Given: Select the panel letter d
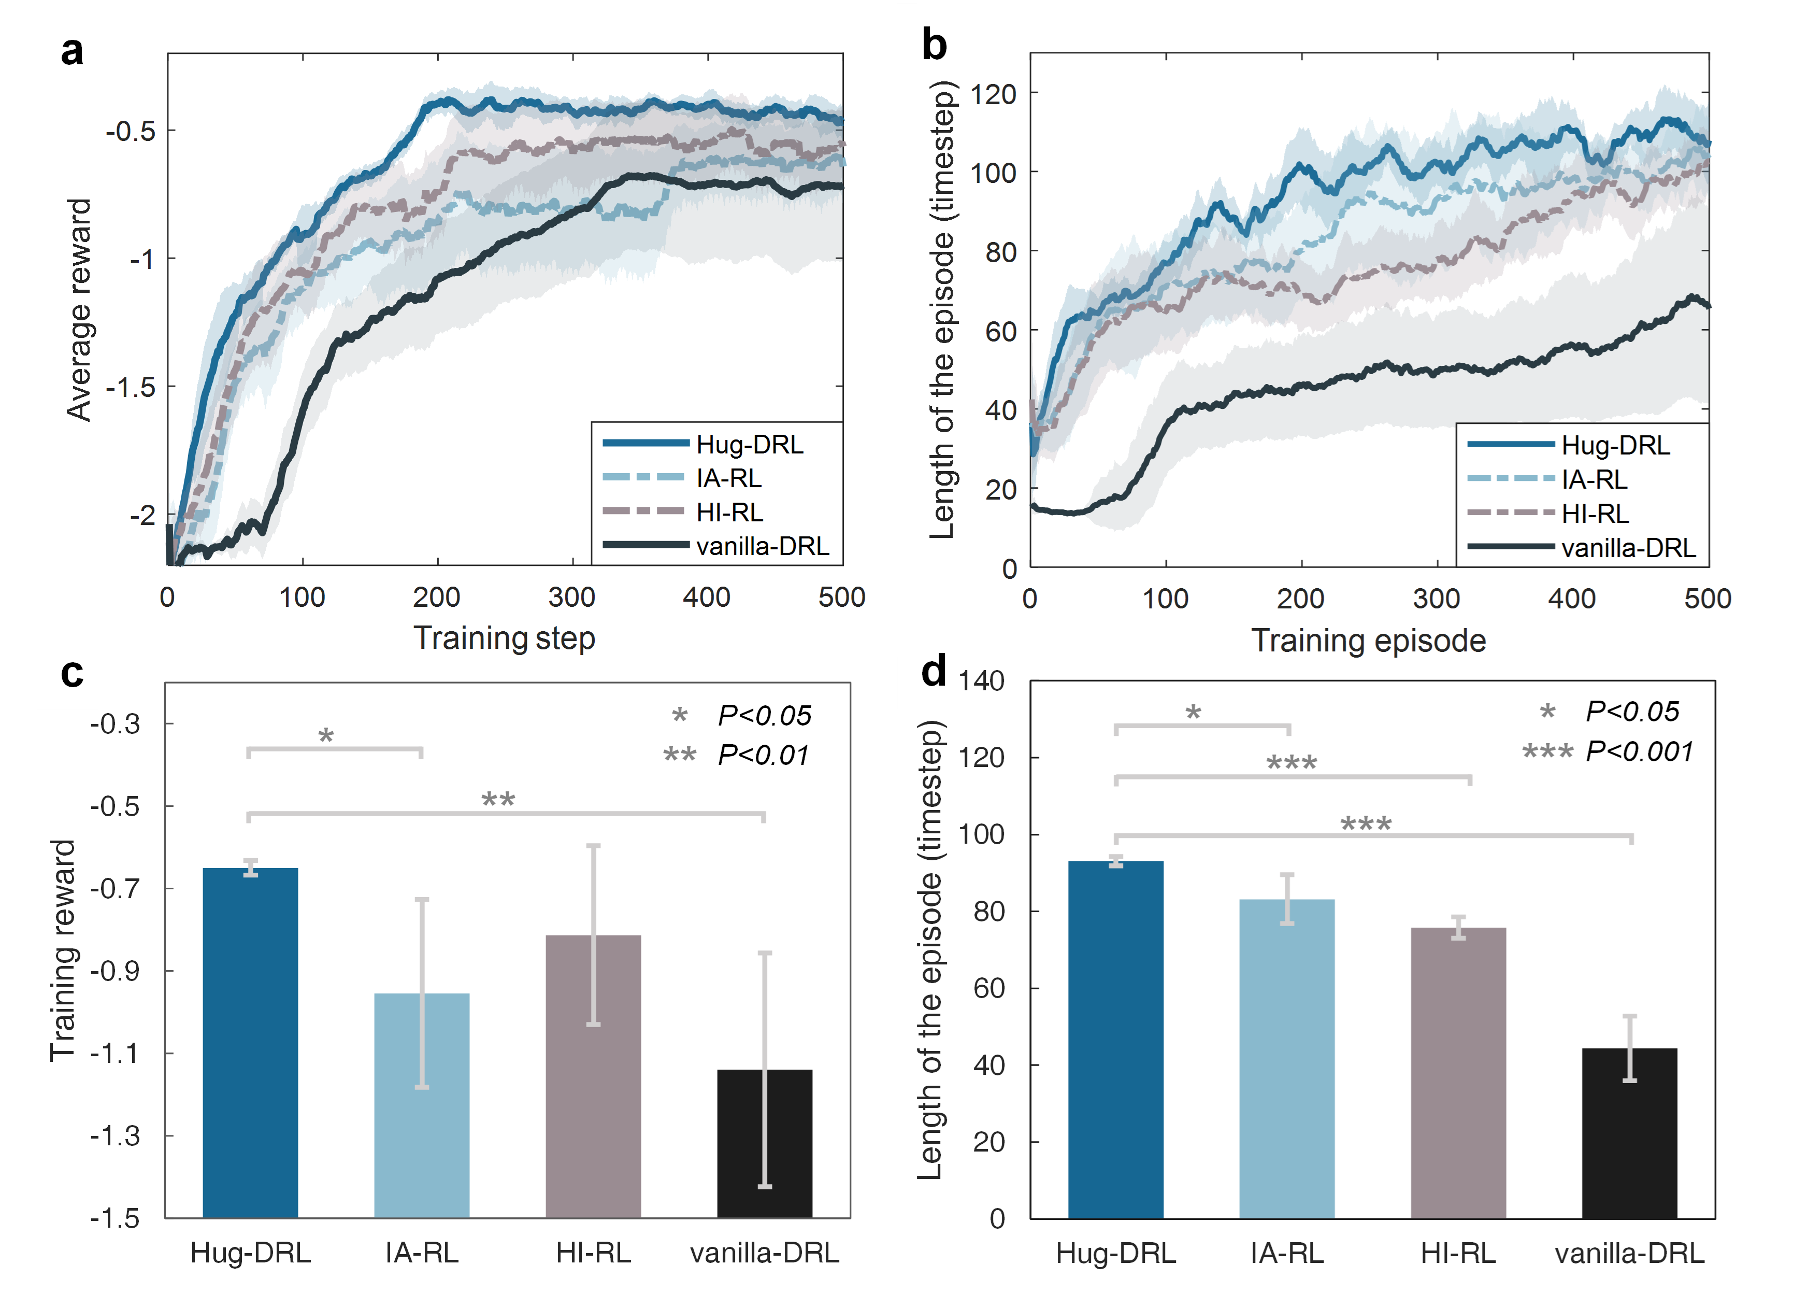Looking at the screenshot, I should point(934,672).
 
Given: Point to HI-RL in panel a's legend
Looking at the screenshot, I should point(729,513).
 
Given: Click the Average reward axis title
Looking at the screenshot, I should point(79,309).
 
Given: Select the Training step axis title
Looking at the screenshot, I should point(505,638).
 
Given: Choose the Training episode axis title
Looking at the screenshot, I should point(1369,641).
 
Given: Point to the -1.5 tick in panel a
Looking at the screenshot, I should point(131,387).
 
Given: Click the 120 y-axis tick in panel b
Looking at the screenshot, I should point(993,94).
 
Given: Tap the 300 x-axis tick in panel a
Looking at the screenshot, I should point(571,597).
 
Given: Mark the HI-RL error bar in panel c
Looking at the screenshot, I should point(594,935).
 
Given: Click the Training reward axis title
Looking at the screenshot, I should point(63,950).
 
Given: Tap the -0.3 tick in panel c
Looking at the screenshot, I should point(116,723).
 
